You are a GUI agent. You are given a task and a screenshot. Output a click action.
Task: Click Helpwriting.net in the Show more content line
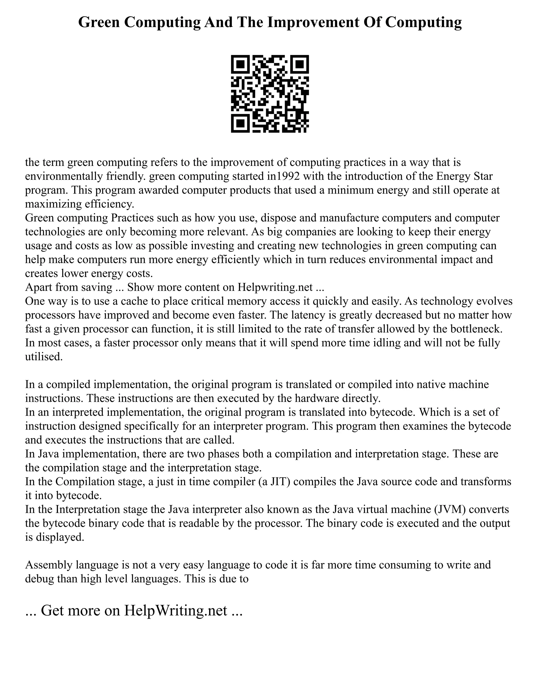(275, 287)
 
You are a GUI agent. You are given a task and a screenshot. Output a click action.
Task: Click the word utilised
(44, 356)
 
